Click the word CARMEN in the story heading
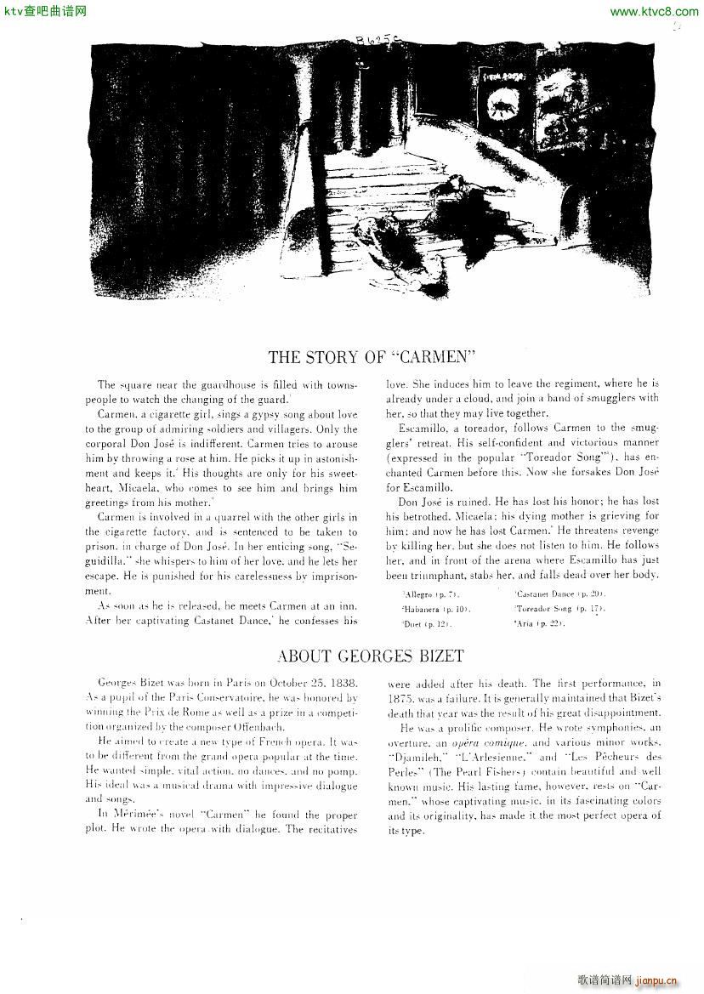tap(432, 357)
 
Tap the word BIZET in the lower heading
tap(435, 656)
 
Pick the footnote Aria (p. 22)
tap(540, 624)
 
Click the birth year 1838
tap(341, 684)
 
